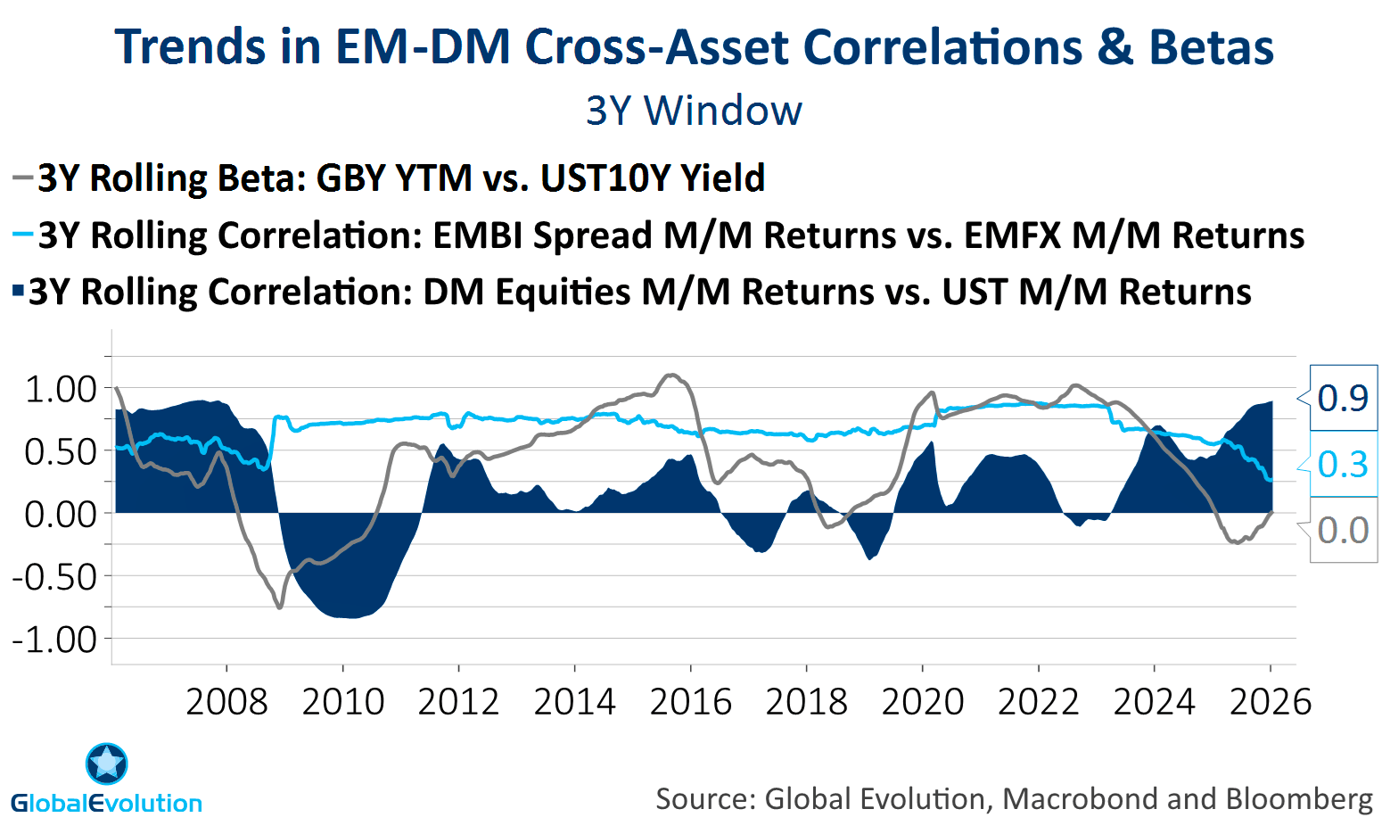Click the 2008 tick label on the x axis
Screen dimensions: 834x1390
click(226, 702)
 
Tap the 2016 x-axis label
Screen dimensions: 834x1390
click(690, 702)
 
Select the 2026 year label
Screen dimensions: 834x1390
click(1270, 702)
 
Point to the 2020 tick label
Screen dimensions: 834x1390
click(922, 702)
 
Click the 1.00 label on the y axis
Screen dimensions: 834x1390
click(61, 390)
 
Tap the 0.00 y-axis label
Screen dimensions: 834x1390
click(61, 515)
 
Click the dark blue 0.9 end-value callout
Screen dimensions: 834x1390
click(1342, 398)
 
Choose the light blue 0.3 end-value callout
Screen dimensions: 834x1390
click(1342, 464)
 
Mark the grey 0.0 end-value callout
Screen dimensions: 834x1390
click(1342, 530)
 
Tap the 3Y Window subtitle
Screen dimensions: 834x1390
click(694, 111)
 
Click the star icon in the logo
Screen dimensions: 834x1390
click(107, 764)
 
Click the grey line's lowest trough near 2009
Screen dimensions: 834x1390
click(280, 607)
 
